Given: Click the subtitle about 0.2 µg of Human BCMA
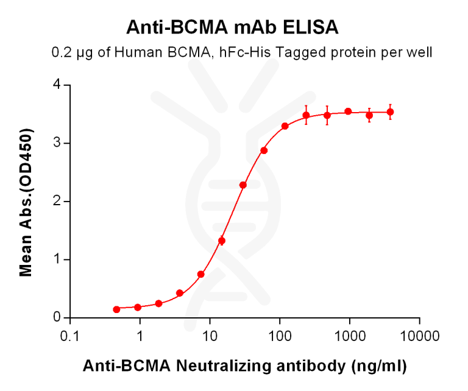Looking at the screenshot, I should point(242,53).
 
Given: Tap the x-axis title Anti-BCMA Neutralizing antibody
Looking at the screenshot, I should point(244,366).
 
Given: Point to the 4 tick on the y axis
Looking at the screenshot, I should point(58,85).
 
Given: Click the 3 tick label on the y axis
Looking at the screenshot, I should point(58,143).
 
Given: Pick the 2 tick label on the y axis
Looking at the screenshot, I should point(58,201).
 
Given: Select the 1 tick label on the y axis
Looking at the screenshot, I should point(58,259).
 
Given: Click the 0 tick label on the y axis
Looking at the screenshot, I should point(58,317).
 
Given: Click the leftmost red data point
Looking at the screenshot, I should point(116,309).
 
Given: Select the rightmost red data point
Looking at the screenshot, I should point(390,112).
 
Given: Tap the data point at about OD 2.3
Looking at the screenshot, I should point(243,185).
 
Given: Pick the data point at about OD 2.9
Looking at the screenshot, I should point(264,150).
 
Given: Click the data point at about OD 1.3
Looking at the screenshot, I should point(222,241).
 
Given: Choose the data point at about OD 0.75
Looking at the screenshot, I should point(200,274).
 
